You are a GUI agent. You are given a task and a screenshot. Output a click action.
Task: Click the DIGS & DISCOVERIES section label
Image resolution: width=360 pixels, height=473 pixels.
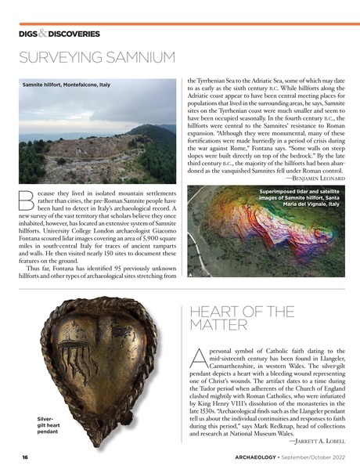(x=59, y=34)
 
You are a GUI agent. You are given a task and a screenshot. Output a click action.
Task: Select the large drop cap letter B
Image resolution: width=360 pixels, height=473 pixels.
(x=27, y=200)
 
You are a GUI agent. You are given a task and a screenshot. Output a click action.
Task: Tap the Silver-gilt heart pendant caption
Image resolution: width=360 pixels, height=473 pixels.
(x=48, y=424)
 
